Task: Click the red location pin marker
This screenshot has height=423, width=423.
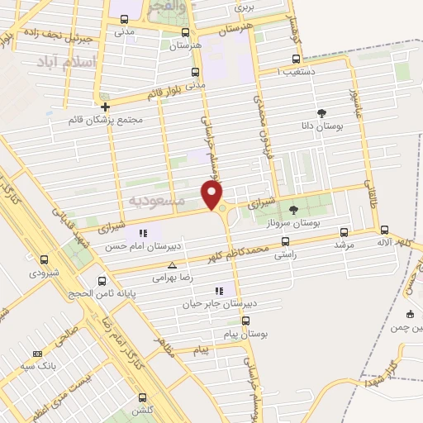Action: pos(213,194)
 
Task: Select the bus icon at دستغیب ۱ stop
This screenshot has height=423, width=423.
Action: pos(297,59)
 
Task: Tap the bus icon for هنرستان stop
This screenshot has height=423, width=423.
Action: pos(185,32)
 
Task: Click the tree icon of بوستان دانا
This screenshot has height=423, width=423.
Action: pos(321,113)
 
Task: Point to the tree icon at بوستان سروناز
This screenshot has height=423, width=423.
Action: pos(293,210)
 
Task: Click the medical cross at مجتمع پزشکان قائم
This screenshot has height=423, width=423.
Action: pos(105,107)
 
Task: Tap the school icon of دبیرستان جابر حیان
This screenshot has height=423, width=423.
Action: pos(219,291)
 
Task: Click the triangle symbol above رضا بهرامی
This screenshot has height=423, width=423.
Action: pos(171,265)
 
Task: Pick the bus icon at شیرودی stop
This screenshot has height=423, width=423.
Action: pos(44,259)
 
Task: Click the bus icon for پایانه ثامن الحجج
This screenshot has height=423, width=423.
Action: pos(102,280)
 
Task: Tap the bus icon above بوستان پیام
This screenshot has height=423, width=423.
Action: pos(245,321)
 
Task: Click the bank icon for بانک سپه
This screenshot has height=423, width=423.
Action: pos(36,354)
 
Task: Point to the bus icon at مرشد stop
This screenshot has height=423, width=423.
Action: pos(345,232)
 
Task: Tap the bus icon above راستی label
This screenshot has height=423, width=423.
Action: pos(285,242)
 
